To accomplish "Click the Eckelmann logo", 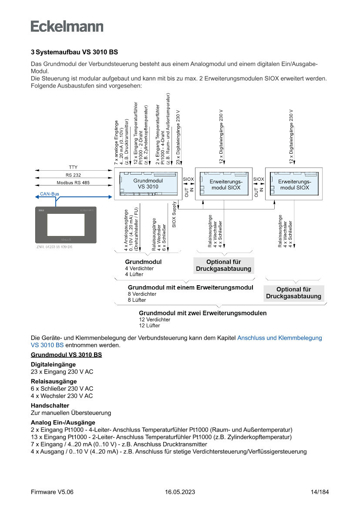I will point(67,26).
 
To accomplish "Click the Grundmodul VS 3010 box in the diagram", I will point(148,184).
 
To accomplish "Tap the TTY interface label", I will point(73,167).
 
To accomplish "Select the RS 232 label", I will point(73,175).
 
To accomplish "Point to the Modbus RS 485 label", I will point(73,183).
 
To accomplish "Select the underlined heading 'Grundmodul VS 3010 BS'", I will point(66,355).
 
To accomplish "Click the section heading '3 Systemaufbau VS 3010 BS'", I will point(74,52).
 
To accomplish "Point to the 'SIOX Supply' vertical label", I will point(174,215).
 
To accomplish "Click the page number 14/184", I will point(320,492).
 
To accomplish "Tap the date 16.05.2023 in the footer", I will point(180,492).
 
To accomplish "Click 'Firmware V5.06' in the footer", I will point(52,492).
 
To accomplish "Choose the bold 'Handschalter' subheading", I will point(50,405).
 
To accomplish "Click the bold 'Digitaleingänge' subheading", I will point(53,364).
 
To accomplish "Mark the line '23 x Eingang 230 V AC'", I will point(62,372).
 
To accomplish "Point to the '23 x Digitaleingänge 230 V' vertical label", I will point(178,137).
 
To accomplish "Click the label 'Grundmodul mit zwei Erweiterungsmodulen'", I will point(202,313).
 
